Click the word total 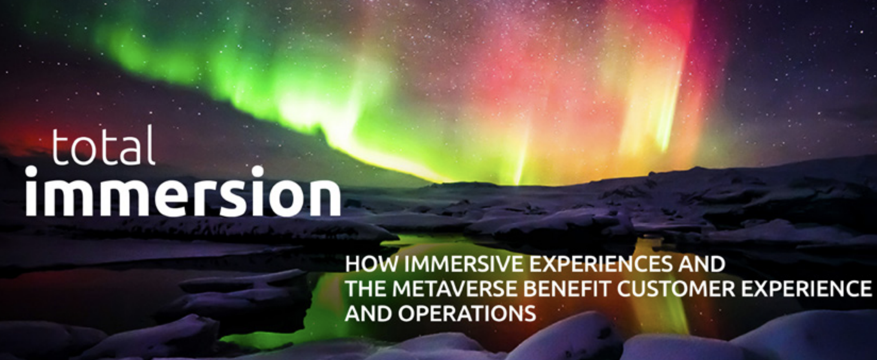pyautogui.click(x=103, y=146)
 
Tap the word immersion pyautogui.click(x=183, y=191)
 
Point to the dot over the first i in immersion pyautogui.click(x=31, y=171)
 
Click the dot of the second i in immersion pyautogui.click(x=257, y=171)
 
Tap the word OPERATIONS pyautogui.click(x=466, y=314)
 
